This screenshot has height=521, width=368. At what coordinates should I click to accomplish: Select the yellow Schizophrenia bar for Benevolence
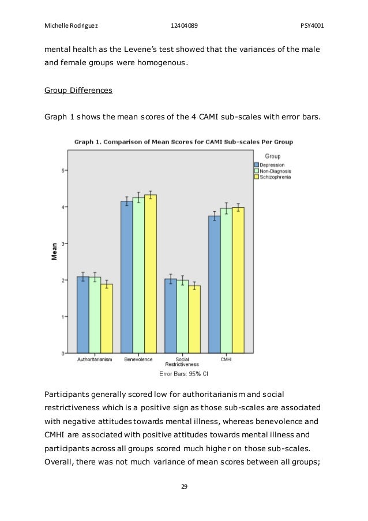tap(151, 274)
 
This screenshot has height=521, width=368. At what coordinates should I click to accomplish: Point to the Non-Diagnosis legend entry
tap(277, 171)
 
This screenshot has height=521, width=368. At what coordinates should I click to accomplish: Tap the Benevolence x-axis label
tap(138, 359)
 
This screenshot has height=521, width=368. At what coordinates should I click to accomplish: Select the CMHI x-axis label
tap(226, 359)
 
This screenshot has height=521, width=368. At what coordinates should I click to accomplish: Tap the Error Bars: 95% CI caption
tap(183, 374)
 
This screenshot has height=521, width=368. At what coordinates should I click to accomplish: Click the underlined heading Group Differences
tap(78, 91)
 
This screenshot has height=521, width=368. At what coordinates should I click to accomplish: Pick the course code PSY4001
tap(311, 25)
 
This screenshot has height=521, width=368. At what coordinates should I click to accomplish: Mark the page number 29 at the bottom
tap(184, 486)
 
